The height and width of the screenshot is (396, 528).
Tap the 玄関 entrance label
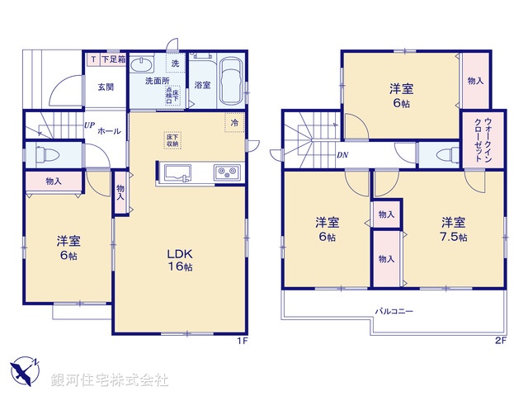point(106,87)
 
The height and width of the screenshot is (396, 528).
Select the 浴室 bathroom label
point(202,84)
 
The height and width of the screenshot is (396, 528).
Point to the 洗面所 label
point(157,81)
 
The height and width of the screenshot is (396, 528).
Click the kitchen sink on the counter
point(179,172)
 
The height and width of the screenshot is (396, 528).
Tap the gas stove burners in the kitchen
point(226,172)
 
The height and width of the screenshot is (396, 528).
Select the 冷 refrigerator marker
point(235,122)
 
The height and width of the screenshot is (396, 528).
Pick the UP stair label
point(87,125)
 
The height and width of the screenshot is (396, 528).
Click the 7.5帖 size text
point(452,238)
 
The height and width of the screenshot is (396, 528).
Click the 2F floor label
point(500,341)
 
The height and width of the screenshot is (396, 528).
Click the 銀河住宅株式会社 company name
point(110,380)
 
